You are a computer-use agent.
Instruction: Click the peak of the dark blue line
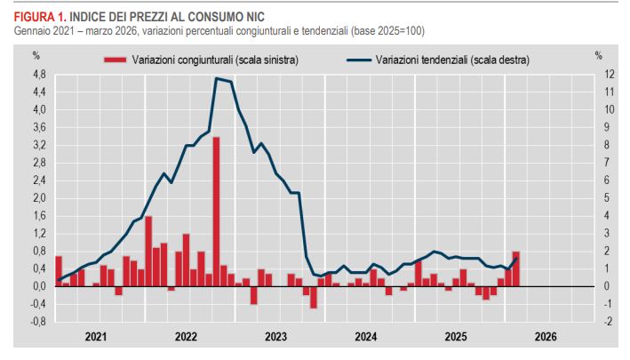217,78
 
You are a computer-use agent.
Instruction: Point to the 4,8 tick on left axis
39,74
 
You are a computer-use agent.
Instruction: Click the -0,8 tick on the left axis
38,322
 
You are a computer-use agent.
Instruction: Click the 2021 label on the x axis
96,338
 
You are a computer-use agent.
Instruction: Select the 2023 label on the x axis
276,338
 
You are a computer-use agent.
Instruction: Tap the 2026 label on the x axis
546,338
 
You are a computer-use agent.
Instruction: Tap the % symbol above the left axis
37,55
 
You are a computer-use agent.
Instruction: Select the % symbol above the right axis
599,55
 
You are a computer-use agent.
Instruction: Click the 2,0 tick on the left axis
39,198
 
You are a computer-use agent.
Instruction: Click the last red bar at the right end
516,268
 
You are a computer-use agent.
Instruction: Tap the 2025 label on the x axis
456,338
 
